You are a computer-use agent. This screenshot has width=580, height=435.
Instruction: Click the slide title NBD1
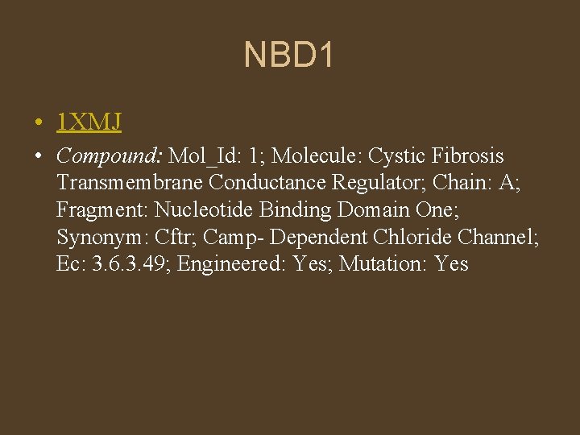coord(289,56)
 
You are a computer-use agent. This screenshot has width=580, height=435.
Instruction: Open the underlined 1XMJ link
coord(89,122)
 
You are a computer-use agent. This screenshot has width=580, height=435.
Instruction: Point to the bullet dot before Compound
coord(39,156)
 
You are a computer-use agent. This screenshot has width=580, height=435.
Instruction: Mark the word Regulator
coord(381,183)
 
